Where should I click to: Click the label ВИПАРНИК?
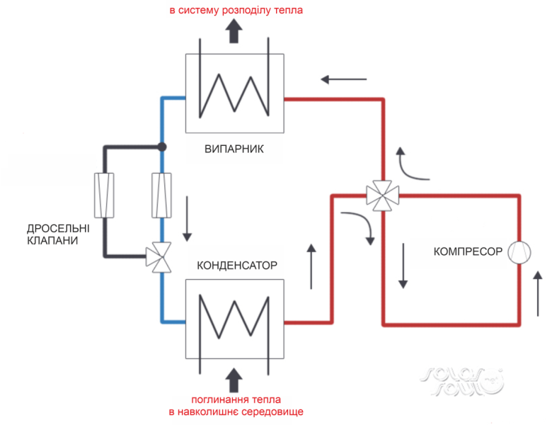coord(234,149)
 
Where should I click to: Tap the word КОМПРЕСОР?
coord(468,251)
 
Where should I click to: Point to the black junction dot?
coord(162,147)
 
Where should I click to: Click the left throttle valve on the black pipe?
coord(104,195)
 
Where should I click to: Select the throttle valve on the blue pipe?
coord(162,195)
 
